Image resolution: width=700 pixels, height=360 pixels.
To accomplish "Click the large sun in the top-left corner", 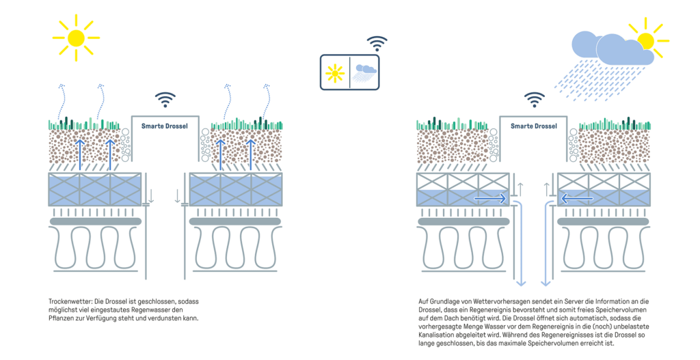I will pyautogui.click(x=76, y=37).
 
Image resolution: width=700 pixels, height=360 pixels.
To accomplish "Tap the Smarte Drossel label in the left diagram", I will pyautogui.click(x=164, y=126).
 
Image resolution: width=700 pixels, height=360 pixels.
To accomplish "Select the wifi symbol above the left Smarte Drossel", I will pyautogui.click(x=165, y=100).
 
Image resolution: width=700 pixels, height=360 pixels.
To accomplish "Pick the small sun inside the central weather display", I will pyautogui.click(x=335, y=73).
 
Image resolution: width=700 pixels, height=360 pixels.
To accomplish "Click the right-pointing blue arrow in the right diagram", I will pyautogui.click(x=491, y=199).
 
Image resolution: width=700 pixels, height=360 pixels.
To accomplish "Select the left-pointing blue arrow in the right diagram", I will pyautogui.click(x=577, y=199).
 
